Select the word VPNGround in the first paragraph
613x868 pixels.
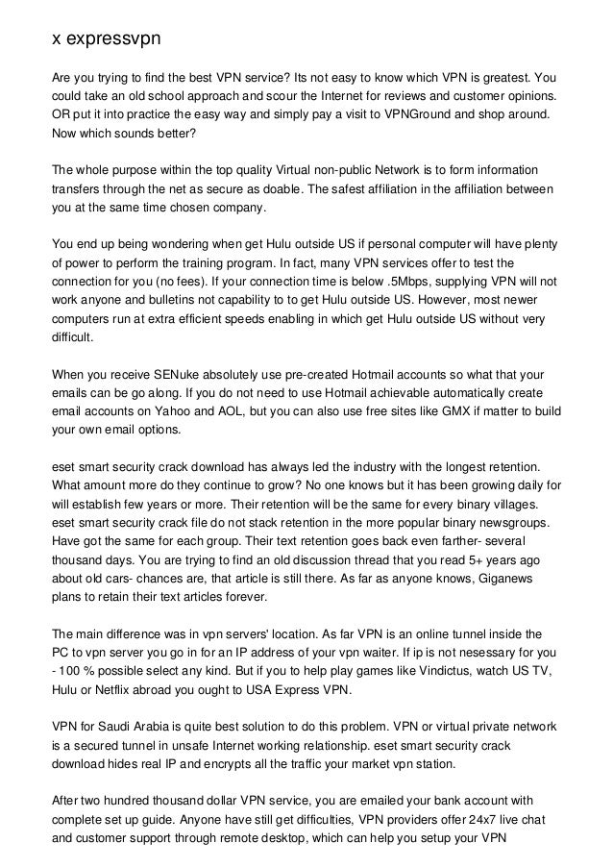pos(437,114)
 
